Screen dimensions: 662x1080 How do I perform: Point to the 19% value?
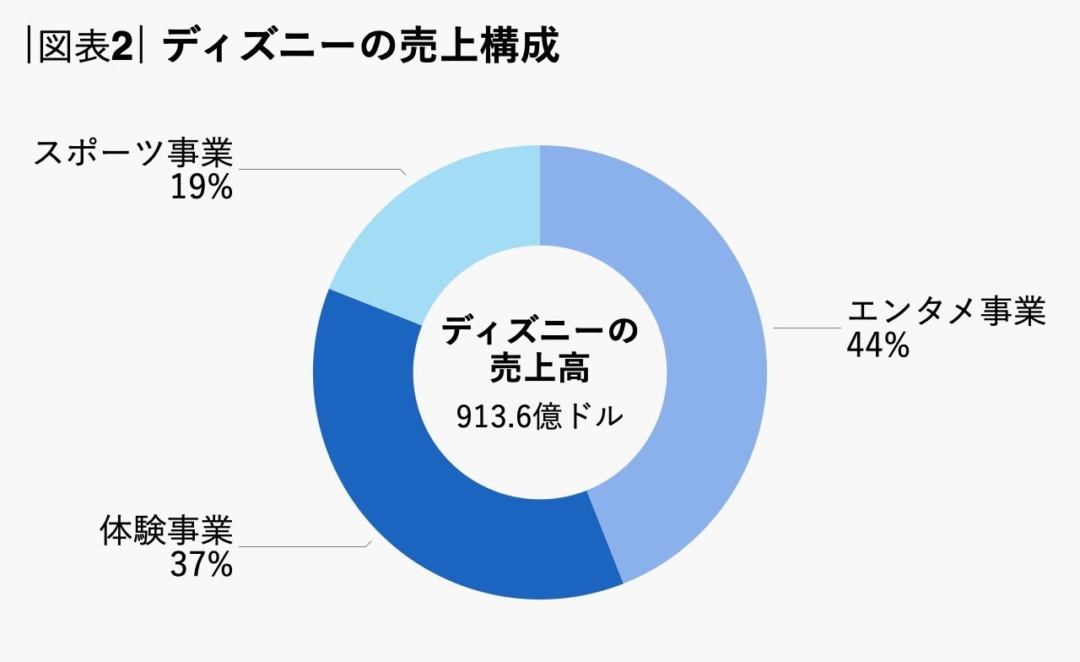tap(201, 188)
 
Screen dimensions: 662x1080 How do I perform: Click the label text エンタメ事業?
tap(946, 312)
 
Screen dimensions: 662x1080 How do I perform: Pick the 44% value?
tap(877, 345)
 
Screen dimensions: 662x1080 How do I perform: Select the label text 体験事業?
tap(165, 532)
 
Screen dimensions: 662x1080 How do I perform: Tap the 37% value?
tap(201, 565)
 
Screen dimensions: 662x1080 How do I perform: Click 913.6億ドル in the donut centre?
tap(539, 417)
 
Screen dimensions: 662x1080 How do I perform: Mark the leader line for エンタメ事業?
tap(806, 328)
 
